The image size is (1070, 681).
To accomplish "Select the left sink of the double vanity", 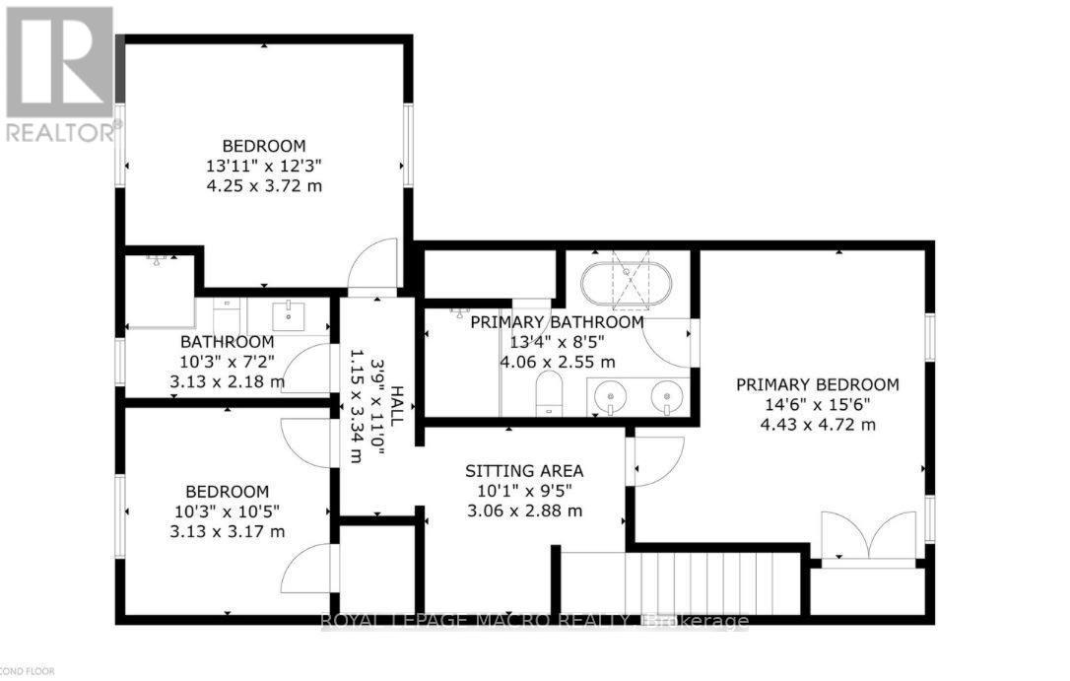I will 613,398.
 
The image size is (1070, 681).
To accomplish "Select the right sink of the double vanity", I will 667,398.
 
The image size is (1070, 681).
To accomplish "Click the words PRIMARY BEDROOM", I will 818,384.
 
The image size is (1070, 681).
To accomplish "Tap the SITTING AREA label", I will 524,470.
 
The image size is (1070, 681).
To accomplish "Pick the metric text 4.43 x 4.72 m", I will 818,425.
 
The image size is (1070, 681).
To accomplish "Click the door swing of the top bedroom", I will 373,268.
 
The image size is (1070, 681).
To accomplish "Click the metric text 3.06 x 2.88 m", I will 524,511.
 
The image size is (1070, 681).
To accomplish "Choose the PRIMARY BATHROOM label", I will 557,322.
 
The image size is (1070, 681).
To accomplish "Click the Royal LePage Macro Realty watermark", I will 535,621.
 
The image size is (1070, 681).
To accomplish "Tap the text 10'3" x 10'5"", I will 228,511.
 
